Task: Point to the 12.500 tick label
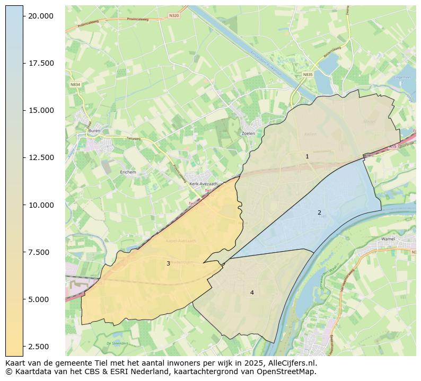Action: click(x=41, y=157)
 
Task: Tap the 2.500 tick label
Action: click(x=41, y=347)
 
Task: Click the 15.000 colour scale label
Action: click(x=41, y=110)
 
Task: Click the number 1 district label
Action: click(x=307, y=156)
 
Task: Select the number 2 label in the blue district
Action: click(x=319, y=212)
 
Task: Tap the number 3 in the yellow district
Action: click(x=168, y=263)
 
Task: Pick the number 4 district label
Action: click(x=252, y=293)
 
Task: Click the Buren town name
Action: click(x=94, y=130)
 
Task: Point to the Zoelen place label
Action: click(x=248, y=134)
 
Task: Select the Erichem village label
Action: click(x=128, y=172)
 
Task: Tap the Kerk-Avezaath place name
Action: click(x=201, y=184)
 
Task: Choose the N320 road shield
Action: click(x=174, y=16)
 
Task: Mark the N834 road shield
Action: click(x=75, y=84)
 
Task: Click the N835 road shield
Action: click(x=308, y=75)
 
